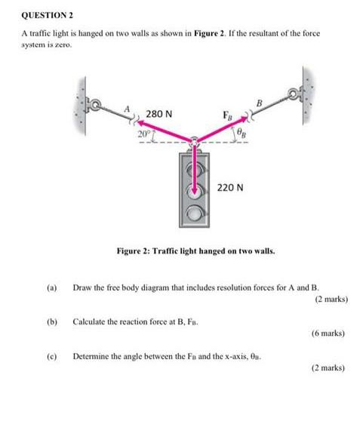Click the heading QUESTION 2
[44, 15]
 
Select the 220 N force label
[229, 186]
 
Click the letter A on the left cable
[128, 109]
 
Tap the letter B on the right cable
[259, 102]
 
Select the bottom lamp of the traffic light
[195, 216]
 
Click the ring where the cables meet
[195, 141]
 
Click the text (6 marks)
[328, 333]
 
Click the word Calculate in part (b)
[90, 321]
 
